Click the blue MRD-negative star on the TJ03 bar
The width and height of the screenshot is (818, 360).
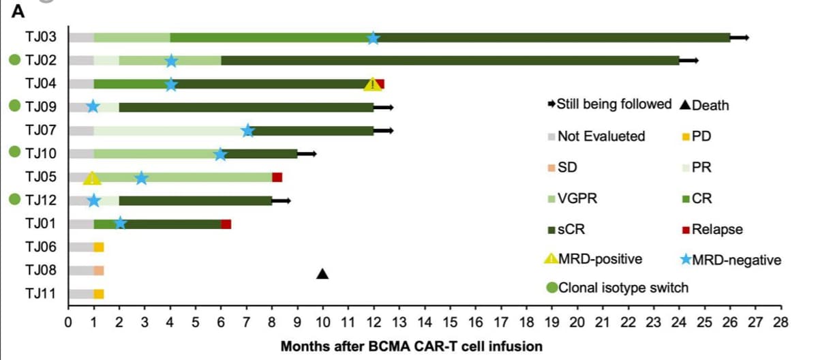tap(373, 37)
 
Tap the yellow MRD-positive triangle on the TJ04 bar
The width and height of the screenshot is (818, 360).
tap(372, 85)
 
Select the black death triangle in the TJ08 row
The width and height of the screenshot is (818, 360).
tap(322, 274)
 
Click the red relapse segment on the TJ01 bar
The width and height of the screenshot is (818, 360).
tap(226, 224)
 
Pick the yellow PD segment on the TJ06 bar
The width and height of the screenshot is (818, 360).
tap(99, 247)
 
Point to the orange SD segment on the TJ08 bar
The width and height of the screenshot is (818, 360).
tap(99, 271)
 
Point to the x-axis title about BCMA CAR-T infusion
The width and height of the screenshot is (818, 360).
tap(412, 346)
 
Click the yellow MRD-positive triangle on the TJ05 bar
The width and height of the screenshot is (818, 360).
tap(92, 179)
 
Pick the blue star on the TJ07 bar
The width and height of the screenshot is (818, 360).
tap(248, 130)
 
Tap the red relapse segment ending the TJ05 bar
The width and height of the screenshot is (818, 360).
tap(277, 177)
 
